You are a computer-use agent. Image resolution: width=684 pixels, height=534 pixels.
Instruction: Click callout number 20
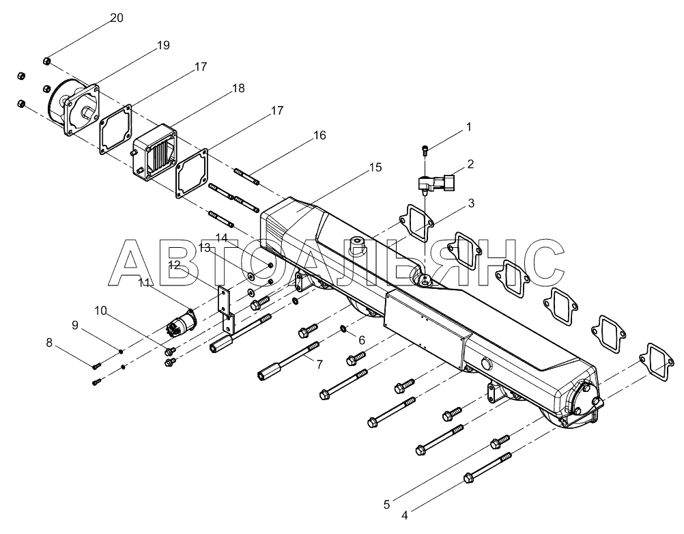117,18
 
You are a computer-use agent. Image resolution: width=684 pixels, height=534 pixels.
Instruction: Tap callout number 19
162,46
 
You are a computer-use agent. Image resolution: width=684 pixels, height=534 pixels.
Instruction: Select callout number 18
238,89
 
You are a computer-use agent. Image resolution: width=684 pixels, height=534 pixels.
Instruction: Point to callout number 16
319,135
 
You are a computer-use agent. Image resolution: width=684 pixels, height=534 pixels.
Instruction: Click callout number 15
375,167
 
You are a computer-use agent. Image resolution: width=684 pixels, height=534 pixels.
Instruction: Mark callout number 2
470,165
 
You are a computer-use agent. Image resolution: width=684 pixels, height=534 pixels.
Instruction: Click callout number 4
405,515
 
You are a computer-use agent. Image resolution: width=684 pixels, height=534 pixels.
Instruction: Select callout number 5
386,505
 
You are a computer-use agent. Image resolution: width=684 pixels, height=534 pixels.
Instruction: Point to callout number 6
362,339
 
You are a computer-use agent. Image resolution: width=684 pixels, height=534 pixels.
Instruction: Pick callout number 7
318,365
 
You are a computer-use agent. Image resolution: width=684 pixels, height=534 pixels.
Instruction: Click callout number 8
49,343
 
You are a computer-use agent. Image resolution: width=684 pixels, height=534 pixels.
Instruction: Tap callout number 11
144,282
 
